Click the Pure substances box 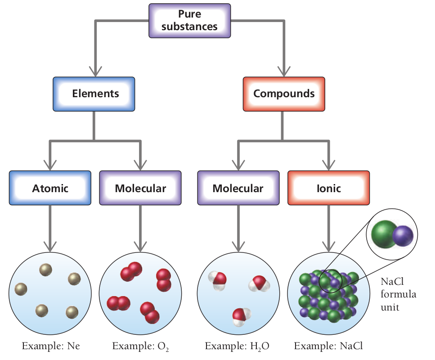[x=189, y=20]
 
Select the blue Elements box [x=94, y=94]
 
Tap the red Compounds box [x=283, y=94]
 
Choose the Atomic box [x=50, y=188]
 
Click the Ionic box [x=328, y=188]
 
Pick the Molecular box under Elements [x=140, y=188]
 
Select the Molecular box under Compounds [x=238, y=188]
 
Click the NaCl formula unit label [x=398, y=295]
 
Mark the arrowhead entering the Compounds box [x=283, y=71]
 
